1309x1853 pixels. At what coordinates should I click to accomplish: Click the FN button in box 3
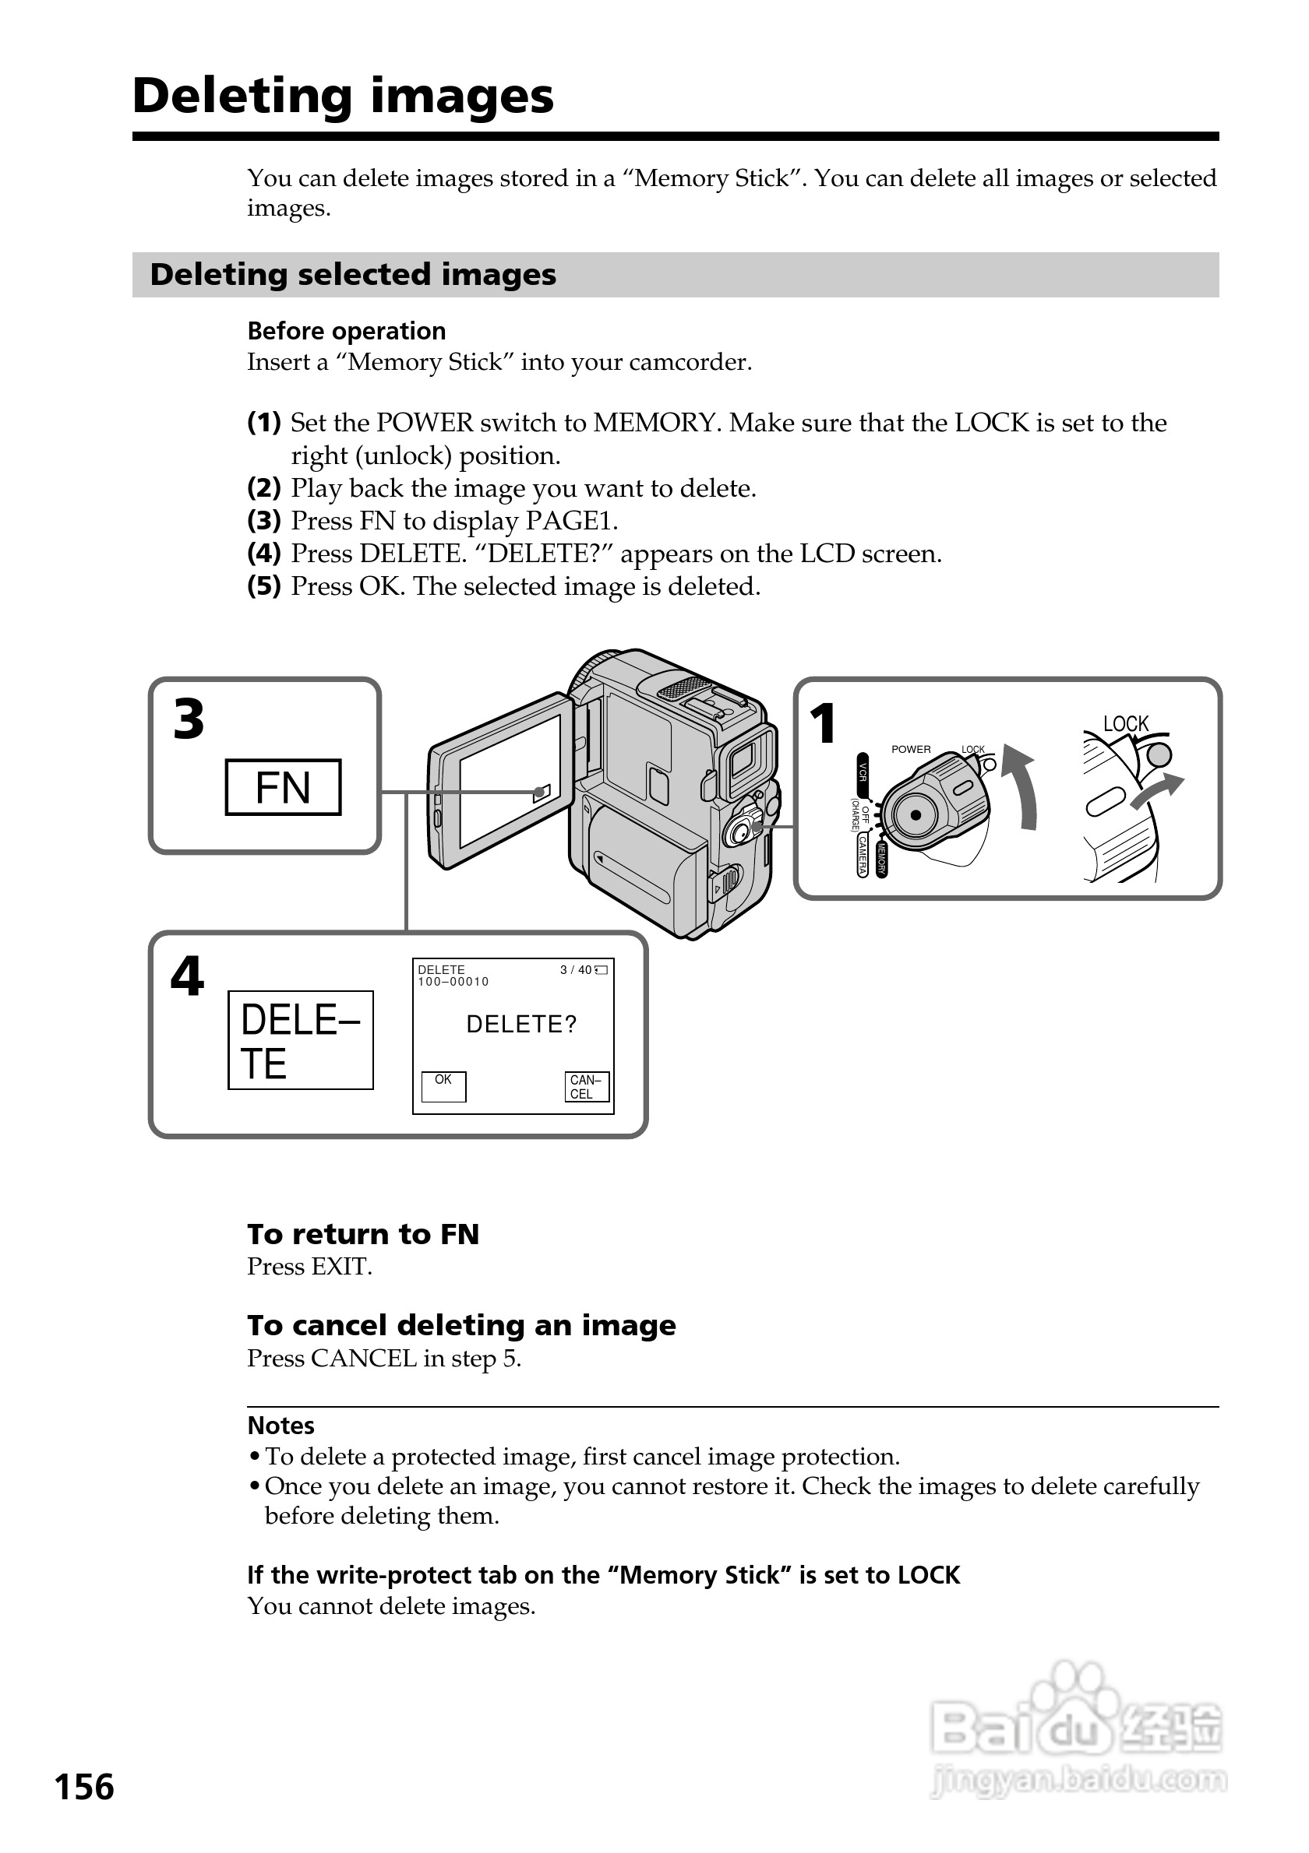tap(283, 787)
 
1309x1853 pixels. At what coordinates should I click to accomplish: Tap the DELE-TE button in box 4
tap(301, 1040)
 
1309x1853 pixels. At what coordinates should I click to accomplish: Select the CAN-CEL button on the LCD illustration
tap(586, 1086)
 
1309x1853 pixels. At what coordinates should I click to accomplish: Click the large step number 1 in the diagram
tap(823, 723)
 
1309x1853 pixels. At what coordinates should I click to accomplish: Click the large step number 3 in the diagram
tap(189, 719)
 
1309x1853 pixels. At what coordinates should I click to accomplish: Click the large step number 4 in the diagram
tap(187, 976)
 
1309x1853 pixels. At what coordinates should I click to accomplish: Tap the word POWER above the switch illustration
tap(911, 749)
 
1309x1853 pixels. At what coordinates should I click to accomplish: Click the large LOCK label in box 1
tap(1126, 723)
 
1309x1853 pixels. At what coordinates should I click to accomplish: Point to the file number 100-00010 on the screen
tap(453, 981)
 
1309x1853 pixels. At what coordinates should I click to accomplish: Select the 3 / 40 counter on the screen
tap(577, 969)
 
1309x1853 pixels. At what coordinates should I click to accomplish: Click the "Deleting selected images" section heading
tap(353, 274)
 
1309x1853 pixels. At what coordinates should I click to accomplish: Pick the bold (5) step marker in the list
tap(264, 586)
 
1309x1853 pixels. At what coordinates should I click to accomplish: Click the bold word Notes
tap(281, 1426)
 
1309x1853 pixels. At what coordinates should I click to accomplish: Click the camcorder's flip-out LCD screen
tap(510, 779)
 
